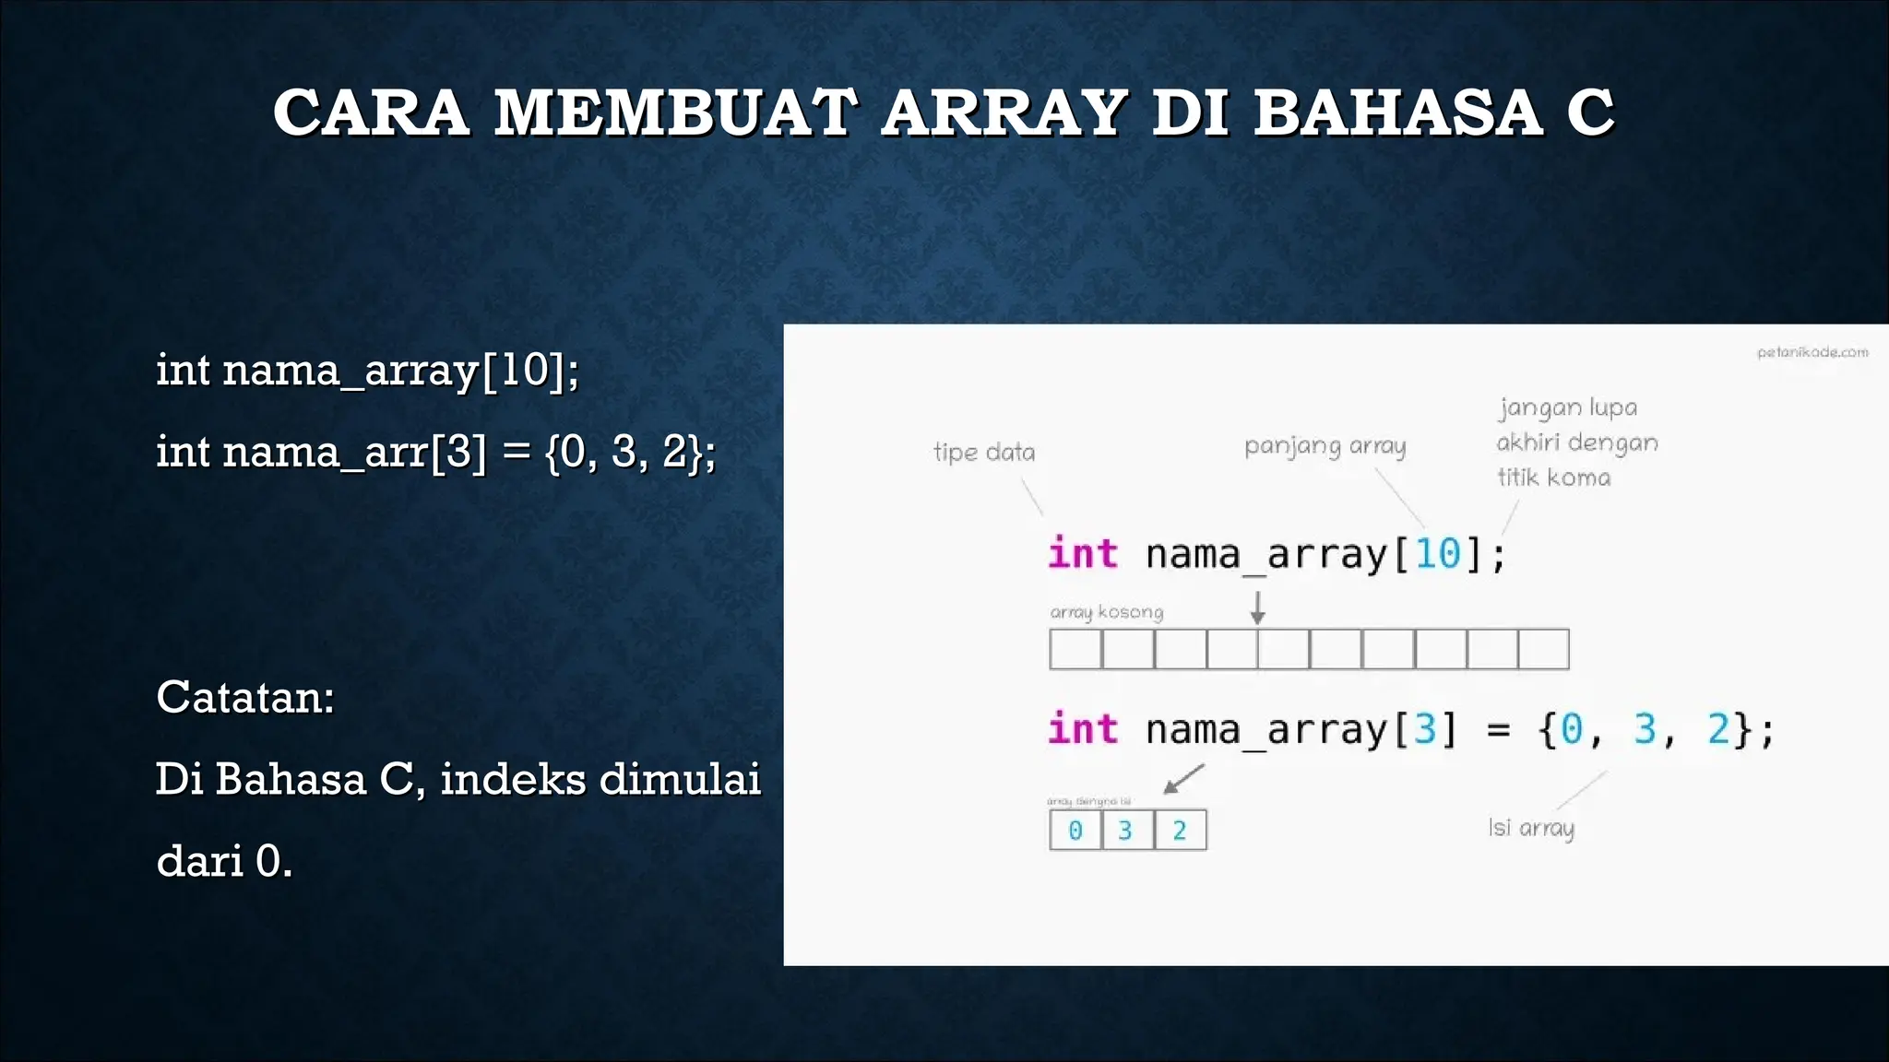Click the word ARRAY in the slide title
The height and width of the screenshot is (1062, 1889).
pyautogui.click(x=1004, y=112)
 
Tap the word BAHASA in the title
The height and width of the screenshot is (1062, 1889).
pyautogui.click(x=1397, y=112)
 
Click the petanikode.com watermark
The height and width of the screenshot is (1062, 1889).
pyautogui.click(x=1812, y=352)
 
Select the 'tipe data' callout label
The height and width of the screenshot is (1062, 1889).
pyautogui.click(x=984, y=452)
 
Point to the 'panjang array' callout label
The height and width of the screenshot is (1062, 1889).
pyautogui.click(x=1325, y=446)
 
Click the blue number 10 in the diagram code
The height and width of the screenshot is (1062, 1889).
pyautogui.click(x=1437, y=554)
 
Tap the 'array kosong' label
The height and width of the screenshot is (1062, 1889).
pyautogui.click(x=1106, y=612)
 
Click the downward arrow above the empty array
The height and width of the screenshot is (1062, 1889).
pyautogui.click(x=1257, y=608)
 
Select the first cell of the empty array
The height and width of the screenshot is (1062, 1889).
pyautogui.click(x=1075, y=649)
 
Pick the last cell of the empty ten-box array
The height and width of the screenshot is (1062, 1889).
pyautogui.click(x=1543, y=649)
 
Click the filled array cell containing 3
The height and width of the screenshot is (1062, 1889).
pyautogui.click(x=1126, y=831)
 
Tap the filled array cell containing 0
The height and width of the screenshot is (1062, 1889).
pyautogui.click(x=1075, y=831)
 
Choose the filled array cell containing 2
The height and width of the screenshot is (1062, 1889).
pyautogui.click(x=1180, y=831)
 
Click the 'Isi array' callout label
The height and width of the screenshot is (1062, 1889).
pyautogui.click(x=1531, y=828)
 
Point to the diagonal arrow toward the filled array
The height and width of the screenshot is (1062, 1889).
pyautogui.click(x=1183, y=779)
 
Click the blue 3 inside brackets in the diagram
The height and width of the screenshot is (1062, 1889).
pyautogui.click(x=1425, y=729)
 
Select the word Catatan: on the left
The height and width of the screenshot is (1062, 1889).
pyautogui.click(x=244, y=697)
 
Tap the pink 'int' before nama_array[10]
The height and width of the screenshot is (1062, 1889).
pyautogui.click(x=1083, y=554)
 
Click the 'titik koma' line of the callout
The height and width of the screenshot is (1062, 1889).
pyautogui.click(x=1553, y=478)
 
